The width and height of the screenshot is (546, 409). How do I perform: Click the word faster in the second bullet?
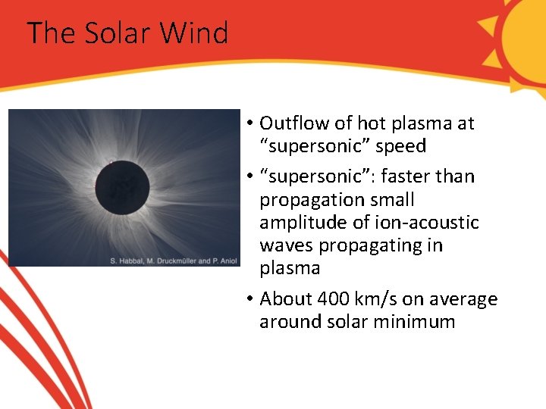click(406, 176)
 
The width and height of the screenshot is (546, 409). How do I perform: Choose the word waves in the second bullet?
click(284, 245)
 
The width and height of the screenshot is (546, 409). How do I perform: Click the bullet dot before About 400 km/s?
click(249, 299)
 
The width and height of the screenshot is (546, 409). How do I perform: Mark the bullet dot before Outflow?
click(249, 123)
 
